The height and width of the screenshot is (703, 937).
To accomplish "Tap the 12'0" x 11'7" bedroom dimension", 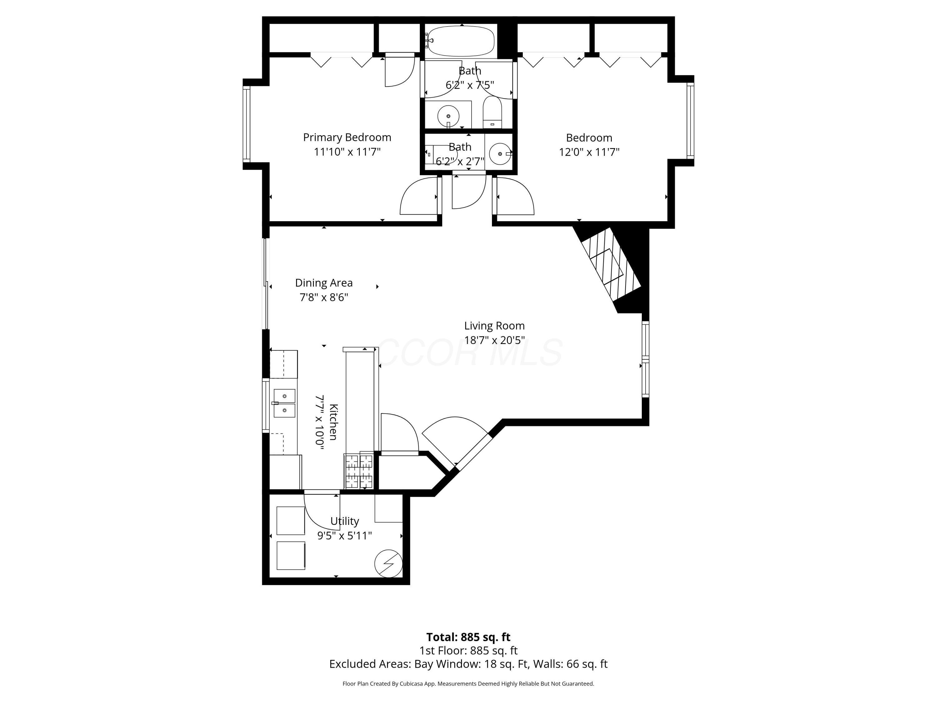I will (x=589, y=152).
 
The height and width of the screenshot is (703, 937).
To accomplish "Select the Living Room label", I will (x=494, y=326).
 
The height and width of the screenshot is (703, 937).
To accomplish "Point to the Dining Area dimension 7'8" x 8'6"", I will (x=324, y=297).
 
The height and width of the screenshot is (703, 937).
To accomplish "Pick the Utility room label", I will (x=345, y=521).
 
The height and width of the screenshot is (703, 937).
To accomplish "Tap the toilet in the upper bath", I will (x=492, y=113).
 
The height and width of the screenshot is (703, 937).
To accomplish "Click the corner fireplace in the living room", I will (x=608, y=265).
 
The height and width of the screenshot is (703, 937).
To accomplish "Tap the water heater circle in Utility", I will (x=388, y=564).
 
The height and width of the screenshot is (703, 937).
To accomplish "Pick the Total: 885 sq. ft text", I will (x=468, y=637).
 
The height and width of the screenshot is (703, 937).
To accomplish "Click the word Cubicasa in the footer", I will (x=410, y=684).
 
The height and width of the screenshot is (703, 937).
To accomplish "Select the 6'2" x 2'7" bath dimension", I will (x=460, y=161).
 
